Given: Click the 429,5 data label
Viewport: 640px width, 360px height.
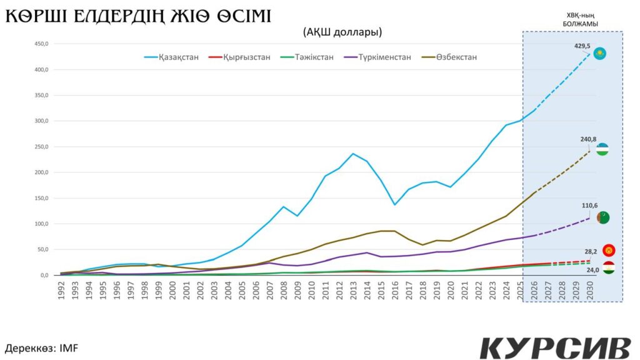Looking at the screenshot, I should pyautogui.click(x=582, y=46).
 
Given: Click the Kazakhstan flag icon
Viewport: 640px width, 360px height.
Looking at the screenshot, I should pyautogui.click(x=600, y=53).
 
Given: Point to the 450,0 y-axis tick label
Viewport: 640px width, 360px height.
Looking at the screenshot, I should pyautogui.click(x=39, y=44).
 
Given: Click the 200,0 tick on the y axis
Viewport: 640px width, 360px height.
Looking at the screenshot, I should pyautogui.click(x=39, y=172).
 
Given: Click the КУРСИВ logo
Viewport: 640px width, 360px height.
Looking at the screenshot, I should pyautogui.click(x=554, y=347).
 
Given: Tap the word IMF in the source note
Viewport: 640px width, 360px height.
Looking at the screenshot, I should pyautogui.click(x=68, y=347).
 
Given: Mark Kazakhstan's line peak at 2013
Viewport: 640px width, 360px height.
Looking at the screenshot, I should pyautogui.click(x=353, y=153).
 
